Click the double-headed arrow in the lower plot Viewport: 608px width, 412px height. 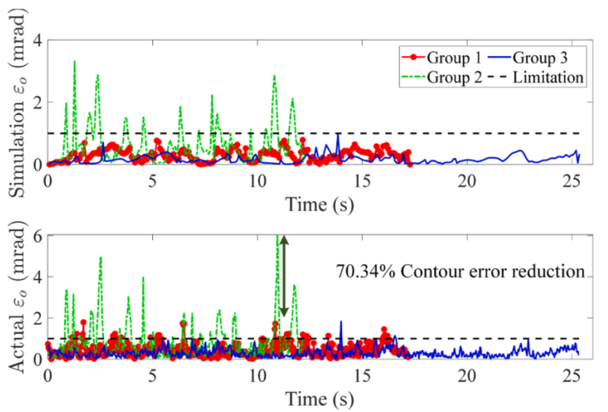[x=284, y=276]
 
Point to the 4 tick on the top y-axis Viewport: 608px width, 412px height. [x=36, y=42]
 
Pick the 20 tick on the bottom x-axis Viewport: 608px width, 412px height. [x=467, y=375]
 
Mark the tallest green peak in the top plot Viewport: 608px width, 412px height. [x=74, y=62]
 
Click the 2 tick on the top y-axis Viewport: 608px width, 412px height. [x=36, y=103]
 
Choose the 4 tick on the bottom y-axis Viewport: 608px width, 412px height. [x=36, y=277]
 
